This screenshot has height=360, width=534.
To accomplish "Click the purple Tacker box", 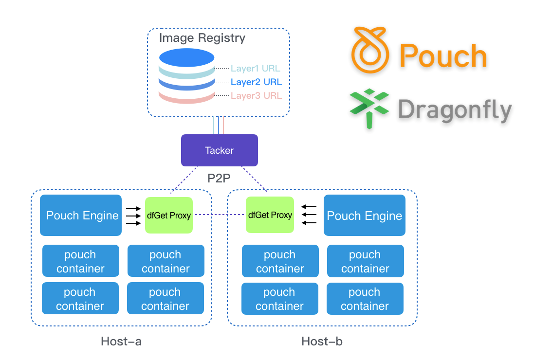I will point(219,150).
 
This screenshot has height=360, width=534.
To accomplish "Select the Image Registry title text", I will point(202,38).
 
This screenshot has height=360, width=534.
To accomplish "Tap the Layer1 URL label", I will point(256,69).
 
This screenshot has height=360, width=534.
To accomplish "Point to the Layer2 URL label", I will point(256,82).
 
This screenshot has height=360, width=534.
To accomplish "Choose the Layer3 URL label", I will point(256,96).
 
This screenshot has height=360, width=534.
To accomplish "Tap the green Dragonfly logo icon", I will point(369,108).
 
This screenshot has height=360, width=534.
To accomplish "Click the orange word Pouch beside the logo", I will point(443,56).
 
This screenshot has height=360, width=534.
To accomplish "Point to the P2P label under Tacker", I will point(219,178).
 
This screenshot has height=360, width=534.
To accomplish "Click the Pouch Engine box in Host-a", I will point(81,216).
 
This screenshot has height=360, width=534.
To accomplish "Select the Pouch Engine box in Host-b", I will point(365,216).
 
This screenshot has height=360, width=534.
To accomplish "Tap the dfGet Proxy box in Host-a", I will point(169,215).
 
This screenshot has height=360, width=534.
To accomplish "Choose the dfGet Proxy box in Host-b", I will point(270,215).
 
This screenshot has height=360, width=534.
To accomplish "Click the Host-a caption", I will point(121,342).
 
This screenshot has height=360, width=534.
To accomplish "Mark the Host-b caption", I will point(322,342).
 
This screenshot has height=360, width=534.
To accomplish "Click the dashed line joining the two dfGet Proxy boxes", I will point(220,215).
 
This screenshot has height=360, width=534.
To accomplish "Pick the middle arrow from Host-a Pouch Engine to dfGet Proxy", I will point(133,216).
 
